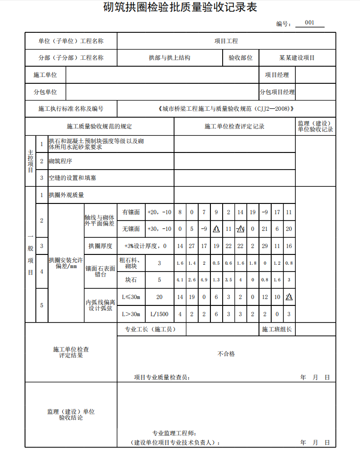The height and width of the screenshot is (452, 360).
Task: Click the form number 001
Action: pos(309,23)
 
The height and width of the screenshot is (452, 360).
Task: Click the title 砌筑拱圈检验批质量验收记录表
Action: pos(180,7)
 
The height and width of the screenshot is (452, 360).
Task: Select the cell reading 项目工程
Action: pos(226,41)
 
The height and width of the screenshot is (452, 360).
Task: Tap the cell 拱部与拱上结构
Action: pos(170,58)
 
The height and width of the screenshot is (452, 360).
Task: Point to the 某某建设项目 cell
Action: pos(297,58)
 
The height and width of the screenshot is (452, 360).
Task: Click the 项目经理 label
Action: pos(277,75)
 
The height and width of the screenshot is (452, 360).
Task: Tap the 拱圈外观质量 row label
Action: pos(66,195)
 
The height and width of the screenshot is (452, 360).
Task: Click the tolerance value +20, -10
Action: pos(159,212)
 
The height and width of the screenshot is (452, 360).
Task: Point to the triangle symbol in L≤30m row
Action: pos(289,297)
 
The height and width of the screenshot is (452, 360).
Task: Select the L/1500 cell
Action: pos(159,314)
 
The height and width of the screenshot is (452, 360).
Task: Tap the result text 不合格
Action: pos(226,353)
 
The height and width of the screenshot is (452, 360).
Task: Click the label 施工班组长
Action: pos(277,329)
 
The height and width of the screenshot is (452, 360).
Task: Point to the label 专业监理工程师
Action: pos(174,433)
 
